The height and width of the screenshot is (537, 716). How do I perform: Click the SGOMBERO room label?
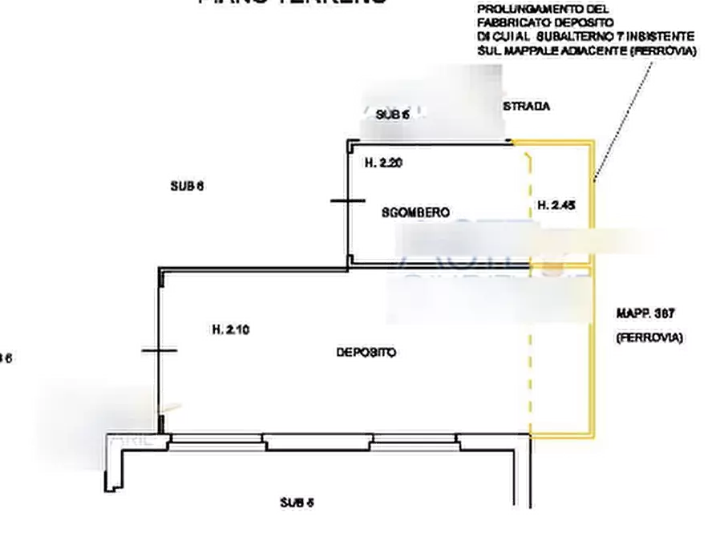pos(414,213)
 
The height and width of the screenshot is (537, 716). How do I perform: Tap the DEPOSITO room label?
pos(363,353)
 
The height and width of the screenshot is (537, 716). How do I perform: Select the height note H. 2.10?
pos(230,329)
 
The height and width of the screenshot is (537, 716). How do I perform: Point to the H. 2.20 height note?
pos(386,163)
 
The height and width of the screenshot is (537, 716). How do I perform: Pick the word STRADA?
pos(527,107)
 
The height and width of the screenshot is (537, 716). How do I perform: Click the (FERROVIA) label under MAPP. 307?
pos(649,338)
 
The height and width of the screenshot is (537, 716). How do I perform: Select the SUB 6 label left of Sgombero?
pos(188,188)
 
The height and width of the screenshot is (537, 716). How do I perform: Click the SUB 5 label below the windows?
pos(297,502)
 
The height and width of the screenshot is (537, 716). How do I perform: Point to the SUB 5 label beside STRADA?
pos(393,115)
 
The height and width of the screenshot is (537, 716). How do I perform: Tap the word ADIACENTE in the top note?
pos(585,51)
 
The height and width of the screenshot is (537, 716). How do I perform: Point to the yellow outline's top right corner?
pos(593,141)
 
